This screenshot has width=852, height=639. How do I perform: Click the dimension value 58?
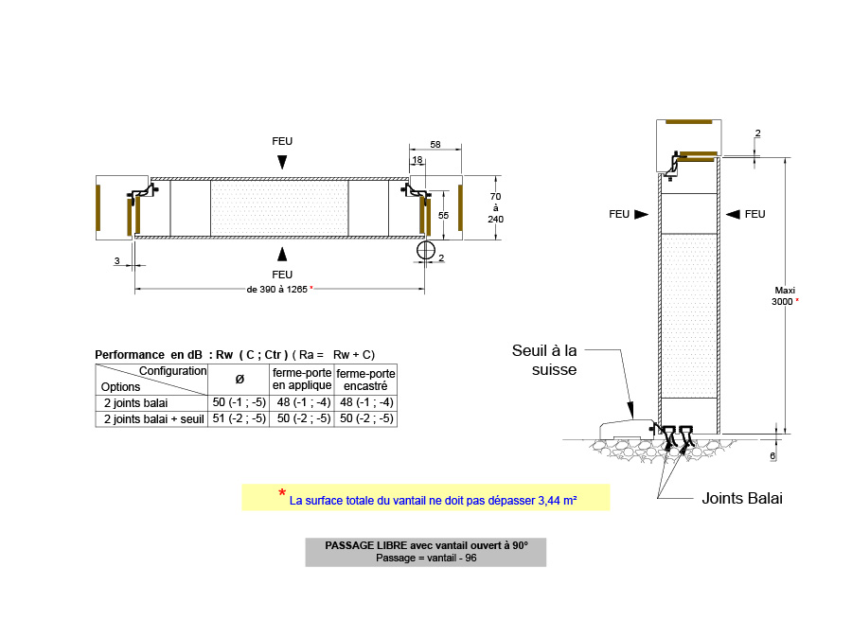pos(435,145)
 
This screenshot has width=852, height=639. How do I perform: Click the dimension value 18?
pos(417,160)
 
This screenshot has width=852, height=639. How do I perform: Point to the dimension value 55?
pos(443,215)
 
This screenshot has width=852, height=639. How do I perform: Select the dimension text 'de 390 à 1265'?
pos(277,290)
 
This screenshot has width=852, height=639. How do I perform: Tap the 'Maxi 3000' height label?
pos(784,296)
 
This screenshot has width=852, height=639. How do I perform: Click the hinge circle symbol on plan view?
pos(425,250)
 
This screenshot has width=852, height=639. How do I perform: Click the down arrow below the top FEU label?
pos(282,162)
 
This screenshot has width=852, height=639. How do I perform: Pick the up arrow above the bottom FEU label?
pos(282,255)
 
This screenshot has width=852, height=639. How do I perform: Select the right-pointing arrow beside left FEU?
pos(642,214)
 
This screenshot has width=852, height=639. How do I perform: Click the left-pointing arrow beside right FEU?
pos(733,214)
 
